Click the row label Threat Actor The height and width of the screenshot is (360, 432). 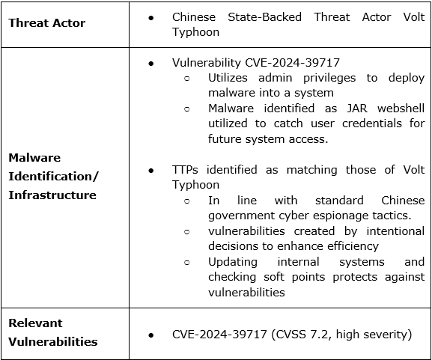coord(46,23)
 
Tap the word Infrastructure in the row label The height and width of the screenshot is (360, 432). coord(52,195)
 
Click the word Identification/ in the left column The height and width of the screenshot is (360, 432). coord(53,177)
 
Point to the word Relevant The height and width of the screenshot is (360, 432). coord(35,323)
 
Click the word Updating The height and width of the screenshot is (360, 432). coord(232,262)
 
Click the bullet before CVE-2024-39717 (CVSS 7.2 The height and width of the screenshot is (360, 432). coord(151,335)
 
